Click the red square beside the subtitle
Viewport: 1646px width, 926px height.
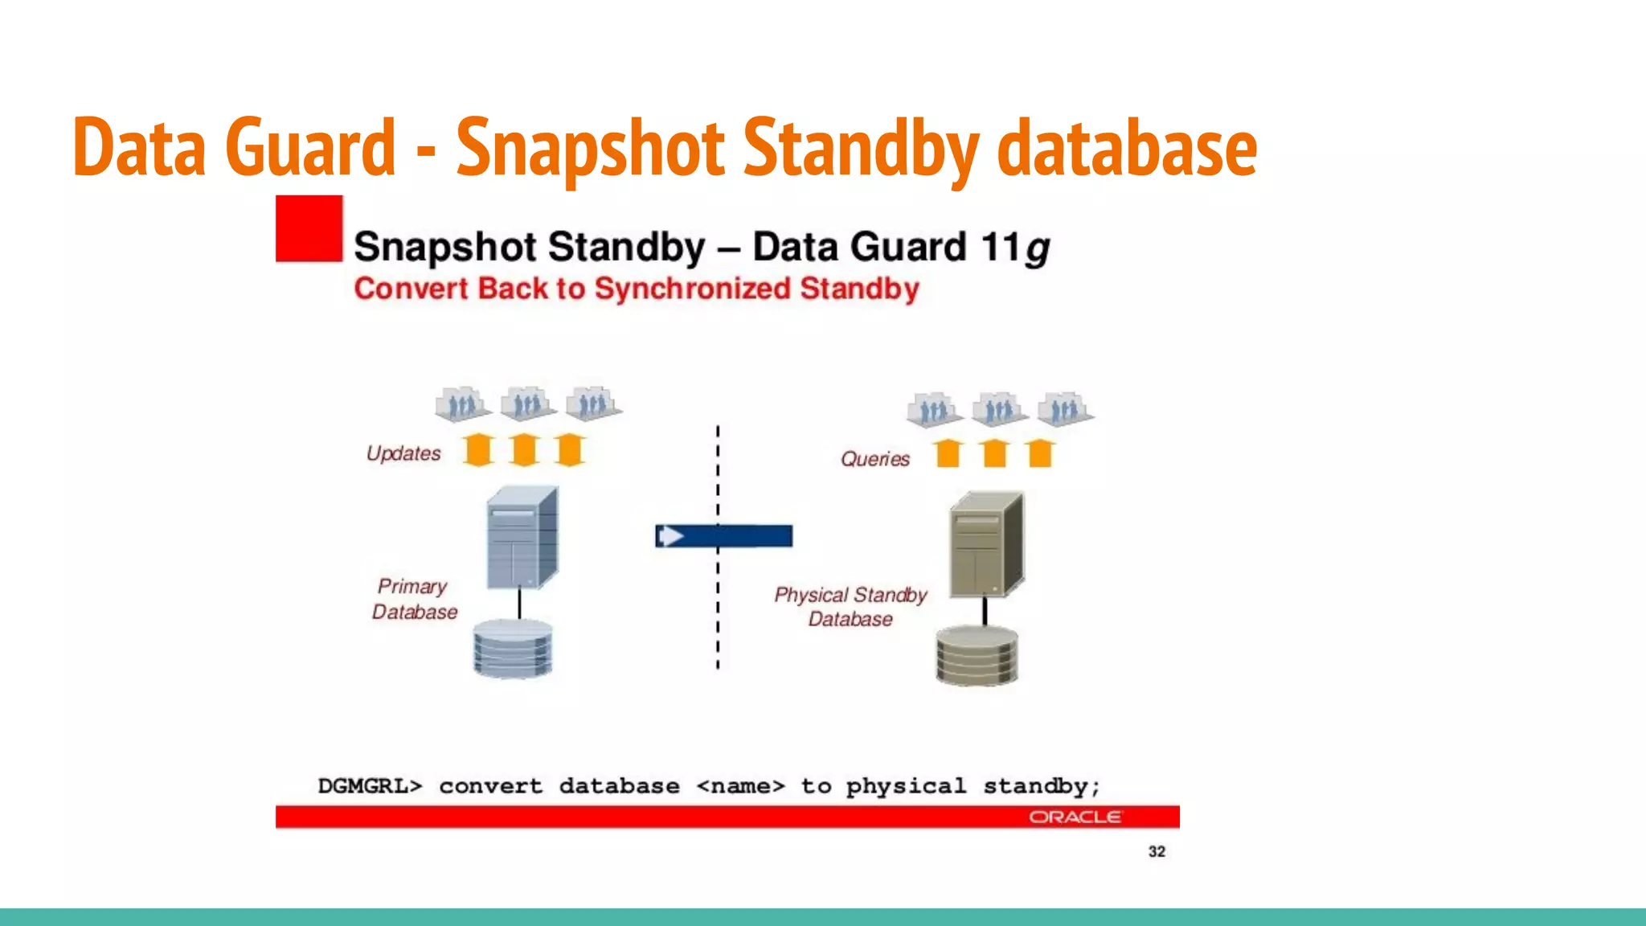[309, 229]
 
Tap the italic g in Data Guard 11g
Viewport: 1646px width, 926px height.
[1038, 249]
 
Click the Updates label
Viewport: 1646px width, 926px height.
[403, 453]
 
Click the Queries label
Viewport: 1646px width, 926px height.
[875, 459]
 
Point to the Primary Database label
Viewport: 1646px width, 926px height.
[414, 599]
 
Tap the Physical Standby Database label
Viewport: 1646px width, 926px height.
[850, 607]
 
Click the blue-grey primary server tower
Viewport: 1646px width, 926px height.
[522, 537]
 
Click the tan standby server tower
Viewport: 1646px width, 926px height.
[986, 545]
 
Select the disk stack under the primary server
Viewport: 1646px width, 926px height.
[513, 648]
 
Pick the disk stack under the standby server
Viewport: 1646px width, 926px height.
[977, 656]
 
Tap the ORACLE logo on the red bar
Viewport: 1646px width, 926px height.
[1075, 817]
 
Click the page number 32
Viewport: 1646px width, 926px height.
[1157, 851]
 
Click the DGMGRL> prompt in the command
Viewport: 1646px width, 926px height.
[370, 785]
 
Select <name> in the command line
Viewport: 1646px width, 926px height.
[740, 785]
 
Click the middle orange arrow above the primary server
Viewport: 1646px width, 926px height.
[525, 449]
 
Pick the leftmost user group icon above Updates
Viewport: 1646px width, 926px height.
[462, 404]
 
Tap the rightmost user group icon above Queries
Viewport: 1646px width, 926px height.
[1064, 409]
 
